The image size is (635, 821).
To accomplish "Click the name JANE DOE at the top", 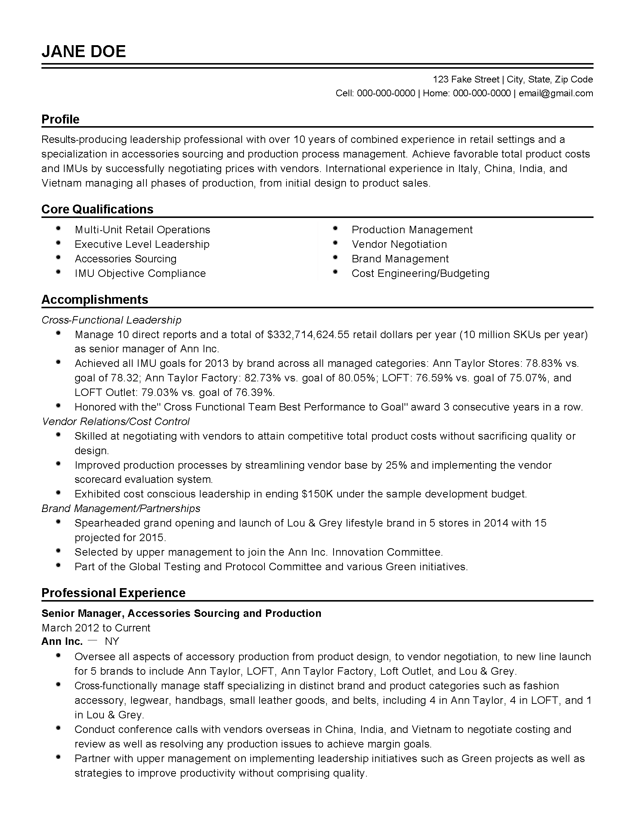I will [x=84, y=51].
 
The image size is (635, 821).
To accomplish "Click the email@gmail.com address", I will [x=556, y=93].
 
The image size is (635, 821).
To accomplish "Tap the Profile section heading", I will [x=60, y=119].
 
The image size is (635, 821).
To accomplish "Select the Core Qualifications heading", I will [x=97, y=209].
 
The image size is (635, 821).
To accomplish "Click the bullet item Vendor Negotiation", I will [x=399, y=244].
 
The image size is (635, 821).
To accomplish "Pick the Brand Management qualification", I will [x=400, y=259].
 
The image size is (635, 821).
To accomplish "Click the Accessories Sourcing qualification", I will [x=125, y=259].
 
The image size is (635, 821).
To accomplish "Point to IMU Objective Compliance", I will [x=140, y=273].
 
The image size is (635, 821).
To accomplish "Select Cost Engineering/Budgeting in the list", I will [x=420, y=273].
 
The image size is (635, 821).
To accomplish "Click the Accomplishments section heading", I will [x=95, y=299].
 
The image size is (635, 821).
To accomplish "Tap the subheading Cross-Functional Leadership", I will [x=111, y=320].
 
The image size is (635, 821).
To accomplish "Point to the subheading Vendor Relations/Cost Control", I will [x=115, y=421].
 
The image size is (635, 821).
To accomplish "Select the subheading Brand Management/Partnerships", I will [x=121, y=508].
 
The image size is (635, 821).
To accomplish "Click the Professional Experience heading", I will [x=113, y=593].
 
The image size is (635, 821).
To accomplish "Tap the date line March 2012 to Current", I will [x=96, y=628].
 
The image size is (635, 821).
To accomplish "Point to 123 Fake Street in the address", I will [x=466, y=79].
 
